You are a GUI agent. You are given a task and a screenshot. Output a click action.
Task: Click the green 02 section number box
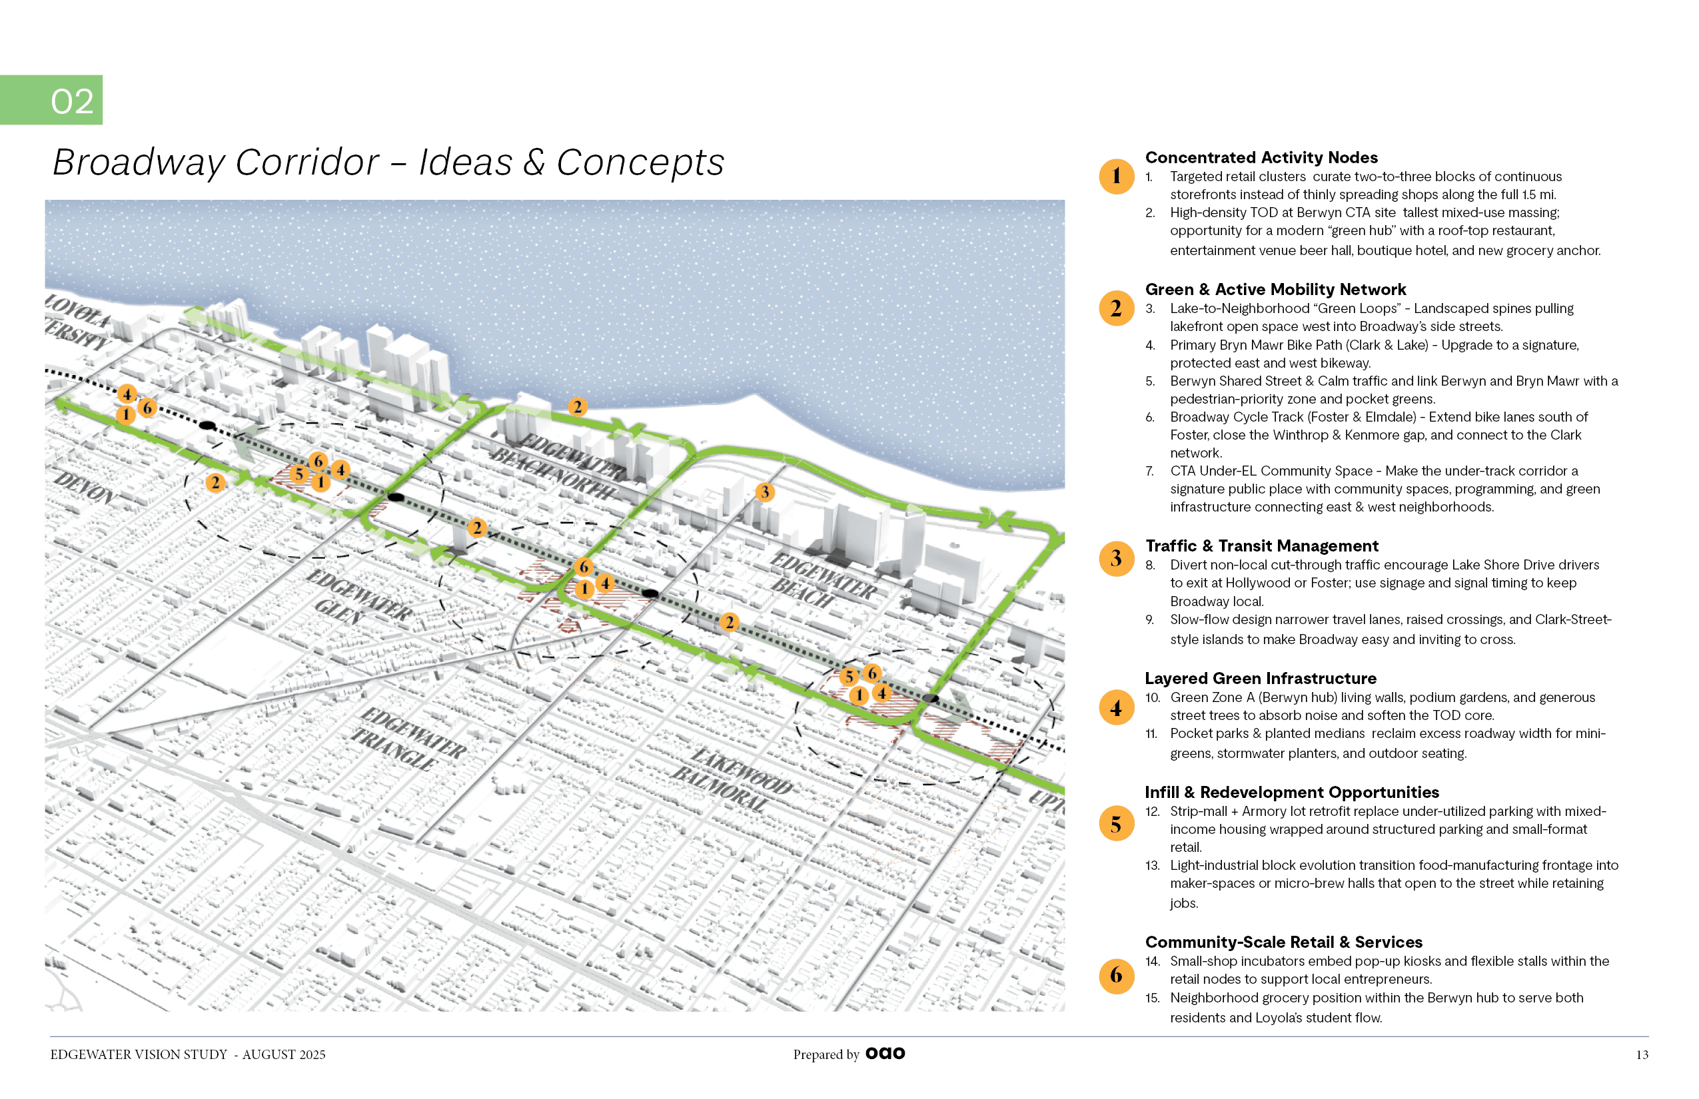[x=51, y=100]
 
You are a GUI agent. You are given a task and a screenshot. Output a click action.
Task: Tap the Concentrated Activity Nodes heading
[x=1261, y=158]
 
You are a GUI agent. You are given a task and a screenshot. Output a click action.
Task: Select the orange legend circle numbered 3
[x=1116, y=558]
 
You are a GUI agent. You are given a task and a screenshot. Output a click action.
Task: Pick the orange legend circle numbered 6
[x=1116, y=975]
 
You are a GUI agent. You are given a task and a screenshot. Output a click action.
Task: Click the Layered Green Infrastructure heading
[x=1260, y=678]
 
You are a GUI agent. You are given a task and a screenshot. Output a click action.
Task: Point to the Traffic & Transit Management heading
[x=1261, y=546]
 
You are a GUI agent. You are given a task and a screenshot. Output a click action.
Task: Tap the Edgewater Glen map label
[x=357, y=597]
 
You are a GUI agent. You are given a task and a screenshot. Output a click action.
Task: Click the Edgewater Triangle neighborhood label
[x=410, y=739]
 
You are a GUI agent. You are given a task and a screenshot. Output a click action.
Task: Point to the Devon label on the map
[x=84, y=488]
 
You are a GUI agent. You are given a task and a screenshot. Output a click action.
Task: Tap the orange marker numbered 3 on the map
[x=765, y=492]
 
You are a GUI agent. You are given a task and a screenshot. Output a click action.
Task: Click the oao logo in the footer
[x=885, y=1053]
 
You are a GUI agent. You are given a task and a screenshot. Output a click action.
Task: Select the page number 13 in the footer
[x=1642, y=1055]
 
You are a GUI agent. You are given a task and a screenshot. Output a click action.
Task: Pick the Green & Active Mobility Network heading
[x=1275, y=290]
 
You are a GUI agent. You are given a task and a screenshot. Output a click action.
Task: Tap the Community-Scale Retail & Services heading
[x=1283, y=942]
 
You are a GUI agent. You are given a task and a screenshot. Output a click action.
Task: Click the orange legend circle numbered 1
[x=1116, y=177]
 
